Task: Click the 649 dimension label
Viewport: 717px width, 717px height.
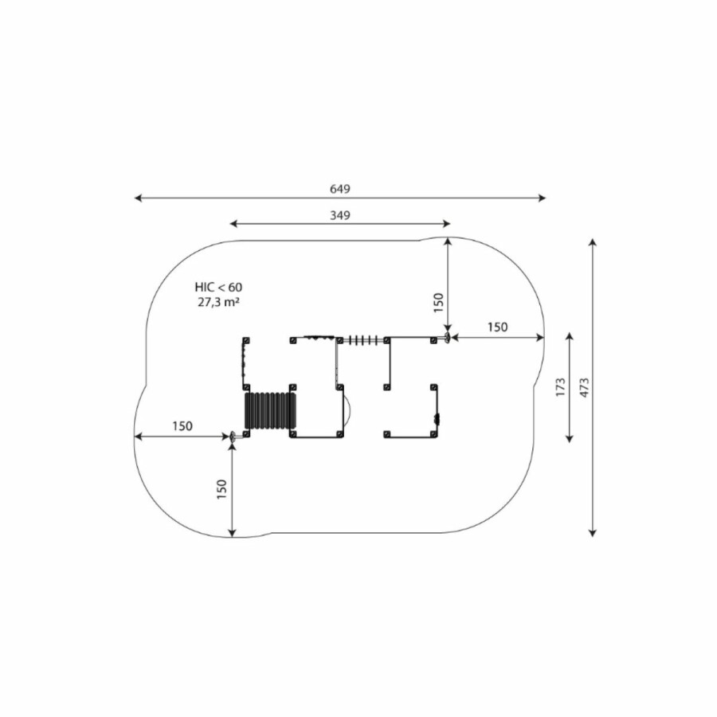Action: coord(339,189)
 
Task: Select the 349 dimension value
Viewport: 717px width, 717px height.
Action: coord(339,215)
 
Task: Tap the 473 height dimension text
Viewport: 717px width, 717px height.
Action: coord(584,387)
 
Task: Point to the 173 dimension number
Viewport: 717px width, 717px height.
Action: coord(560,387)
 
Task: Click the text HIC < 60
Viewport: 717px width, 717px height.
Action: coord(218,287)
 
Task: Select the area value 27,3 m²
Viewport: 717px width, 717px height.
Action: coord(219,302)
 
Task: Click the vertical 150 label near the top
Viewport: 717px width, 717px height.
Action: coord(438,303)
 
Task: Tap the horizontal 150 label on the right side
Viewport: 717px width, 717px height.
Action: coord(497,327)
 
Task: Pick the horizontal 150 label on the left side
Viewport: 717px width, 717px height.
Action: coord(182,426)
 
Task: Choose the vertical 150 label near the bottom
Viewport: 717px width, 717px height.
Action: coord(221,489)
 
